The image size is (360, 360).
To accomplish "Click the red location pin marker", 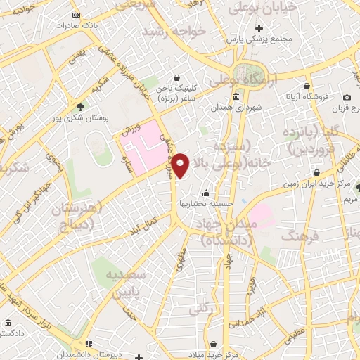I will click(181, 166).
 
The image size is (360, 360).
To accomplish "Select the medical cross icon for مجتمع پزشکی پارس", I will click(259, 30).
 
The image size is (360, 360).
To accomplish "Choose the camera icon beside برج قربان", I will click(347, 97).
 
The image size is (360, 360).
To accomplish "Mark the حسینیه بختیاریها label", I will click(205, 203).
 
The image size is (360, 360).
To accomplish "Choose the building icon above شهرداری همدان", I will click(235, 97).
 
